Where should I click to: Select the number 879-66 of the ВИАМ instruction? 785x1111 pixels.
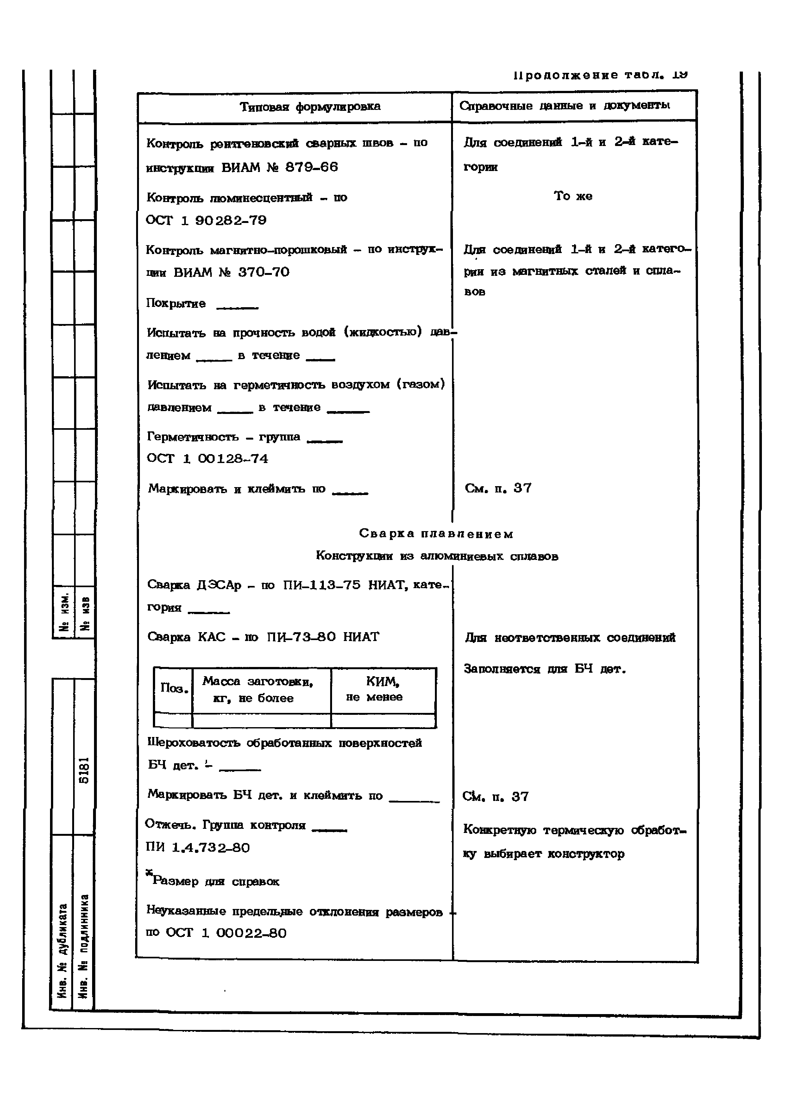pyautogui.click(x=311, y=168)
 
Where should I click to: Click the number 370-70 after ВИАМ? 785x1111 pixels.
pyautogui.click(x=264, y=272)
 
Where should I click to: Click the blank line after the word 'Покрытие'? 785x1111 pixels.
pyautogui.click(x=237, y=307)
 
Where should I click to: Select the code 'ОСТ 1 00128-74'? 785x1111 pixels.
pyautogui.click(x=207, y=459)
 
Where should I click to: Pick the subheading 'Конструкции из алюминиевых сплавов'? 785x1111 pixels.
pyautogui.click(x=437, y=556)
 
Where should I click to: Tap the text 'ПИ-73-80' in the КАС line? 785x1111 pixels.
pyautogui.click(x=301, y=637)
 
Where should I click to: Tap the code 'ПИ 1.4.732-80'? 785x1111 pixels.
pyautogui.click(x=198, y=848)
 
